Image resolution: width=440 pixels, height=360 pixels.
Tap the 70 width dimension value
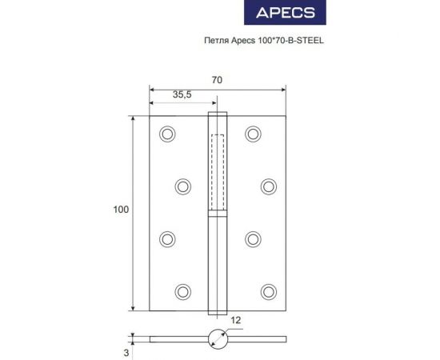(x=218, y=80)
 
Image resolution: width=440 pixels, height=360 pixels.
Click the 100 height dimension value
(x=121, y=210)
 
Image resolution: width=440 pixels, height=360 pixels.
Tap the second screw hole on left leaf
(x=183, y=186)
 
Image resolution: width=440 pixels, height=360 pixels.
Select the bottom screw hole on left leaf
(x=183, y=290)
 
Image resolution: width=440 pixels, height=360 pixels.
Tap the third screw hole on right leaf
(x=254, y=238)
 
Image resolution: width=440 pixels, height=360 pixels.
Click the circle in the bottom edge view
(x=218, y=338)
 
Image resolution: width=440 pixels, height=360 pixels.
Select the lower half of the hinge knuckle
(x=218, y=264)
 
